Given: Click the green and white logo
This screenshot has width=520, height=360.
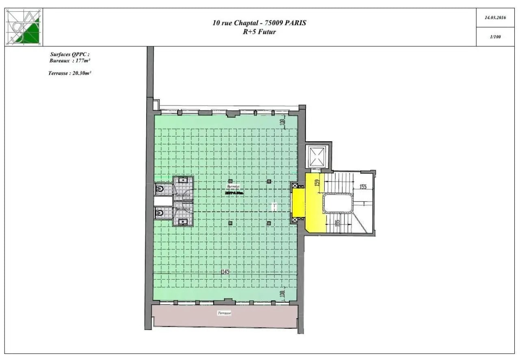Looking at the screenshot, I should [x=24, y=27].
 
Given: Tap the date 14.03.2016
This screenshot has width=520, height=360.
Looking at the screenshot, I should [x=495, y=18].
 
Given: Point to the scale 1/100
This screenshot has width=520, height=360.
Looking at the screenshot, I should [x=495, y=37].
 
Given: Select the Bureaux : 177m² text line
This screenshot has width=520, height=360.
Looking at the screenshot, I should [x=69, y=61].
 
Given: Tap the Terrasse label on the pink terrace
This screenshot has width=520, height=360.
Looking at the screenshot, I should [x=224, y=313].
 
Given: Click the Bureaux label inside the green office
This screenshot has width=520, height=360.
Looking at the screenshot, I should [x=233, y=186].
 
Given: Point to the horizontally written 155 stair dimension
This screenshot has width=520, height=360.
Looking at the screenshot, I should [x=362, y=187].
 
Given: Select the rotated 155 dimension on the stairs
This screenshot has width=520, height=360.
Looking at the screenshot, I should [x=337, y=223].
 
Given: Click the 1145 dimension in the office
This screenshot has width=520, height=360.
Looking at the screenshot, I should [x=225, y=272].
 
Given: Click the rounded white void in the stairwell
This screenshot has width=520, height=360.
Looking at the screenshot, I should [x=338, y=203].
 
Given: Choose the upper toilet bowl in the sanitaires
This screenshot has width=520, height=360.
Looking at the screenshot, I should [x=160, y=189].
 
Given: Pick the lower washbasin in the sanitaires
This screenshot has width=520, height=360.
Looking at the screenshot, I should [x=183, y=221].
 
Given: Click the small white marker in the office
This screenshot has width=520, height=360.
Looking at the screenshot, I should [x=274, y=206].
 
